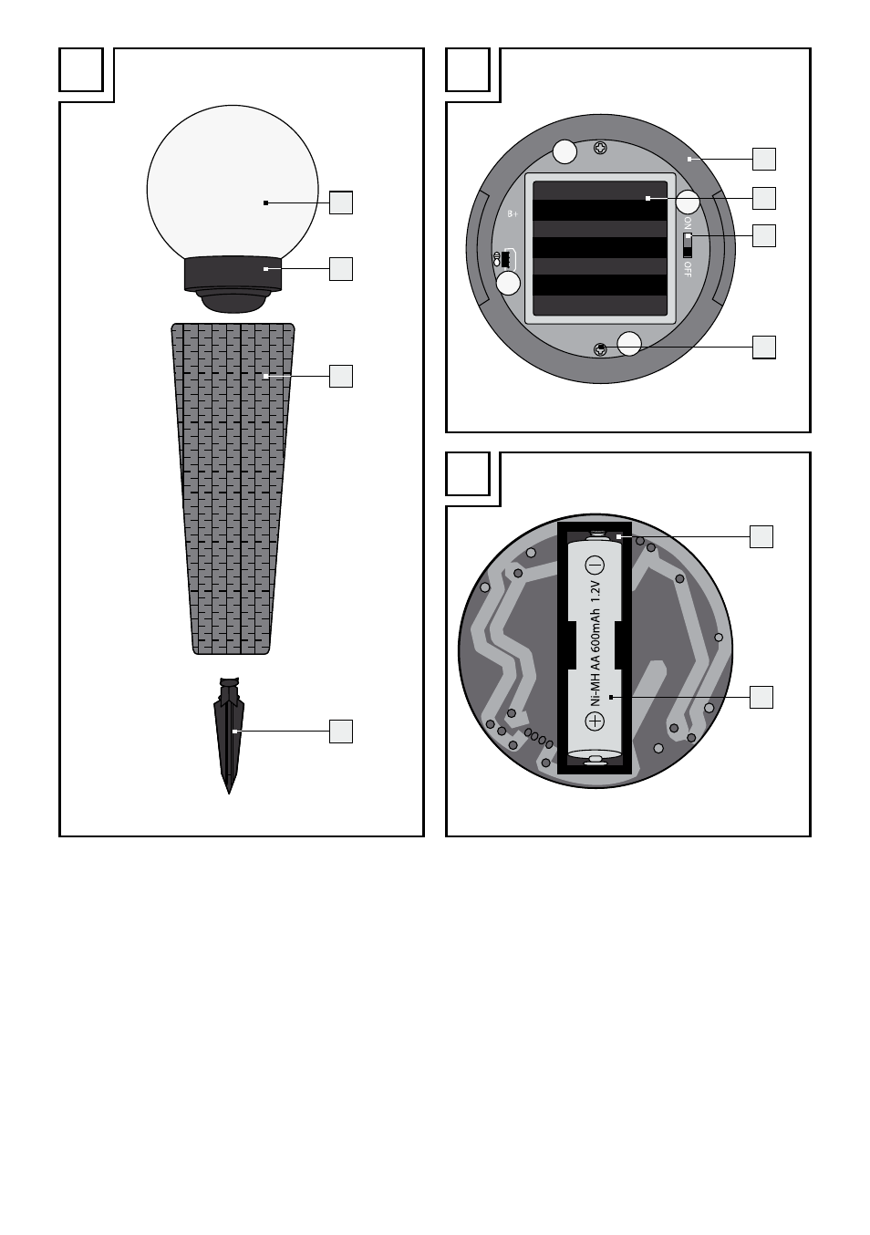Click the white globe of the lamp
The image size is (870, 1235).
(x=233, y=182)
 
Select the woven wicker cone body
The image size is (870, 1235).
(x=233, y=489)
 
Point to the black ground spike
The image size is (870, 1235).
(x=229, y=735)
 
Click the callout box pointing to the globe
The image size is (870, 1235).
(x=341, y=202)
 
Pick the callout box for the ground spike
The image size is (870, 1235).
(x=341, y=732)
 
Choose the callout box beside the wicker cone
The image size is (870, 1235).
(x=341, y=376)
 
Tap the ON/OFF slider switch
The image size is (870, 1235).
(x=687, y=245)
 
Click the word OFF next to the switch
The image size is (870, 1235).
(x=688, y=269)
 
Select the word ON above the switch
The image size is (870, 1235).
(x=688, y=223)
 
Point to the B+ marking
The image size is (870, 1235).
(x=513, y=214)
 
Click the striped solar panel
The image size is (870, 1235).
(x=600, y=248)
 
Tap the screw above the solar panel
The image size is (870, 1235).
(x=600, y=148)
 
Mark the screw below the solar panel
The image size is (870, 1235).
(x=600, y=349)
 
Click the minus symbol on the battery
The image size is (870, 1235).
(x=595, y=566)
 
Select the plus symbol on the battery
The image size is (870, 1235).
(x=595, y=721)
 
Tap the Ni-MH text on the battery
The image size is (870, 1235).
(x=595, y=691)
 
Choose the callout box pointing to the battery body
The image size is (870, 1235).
(x=761, y=697)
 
